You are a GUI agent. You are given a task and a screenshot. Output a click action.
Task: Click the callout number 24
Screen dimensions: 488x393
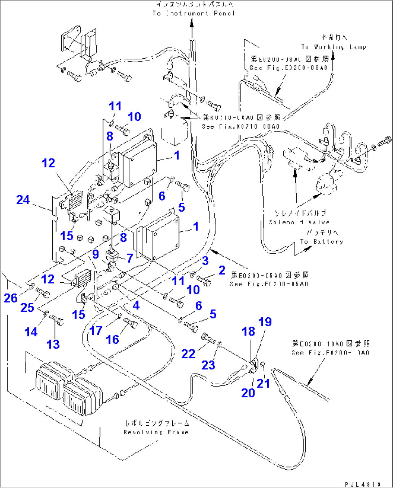[23, 200]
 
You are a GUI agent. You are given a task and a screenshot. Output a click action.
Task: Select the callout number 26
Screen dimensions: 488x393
[10, 298]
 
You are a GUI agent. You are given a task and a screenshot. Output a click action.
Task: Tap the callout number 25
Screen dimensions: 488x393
[27, 308]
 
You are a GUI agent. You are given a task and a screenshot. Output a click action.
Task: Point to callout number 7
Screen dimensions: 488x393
[130, 258]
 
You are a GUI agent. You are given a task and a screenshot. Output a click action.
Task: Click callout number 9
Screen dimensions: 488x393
[95, 254]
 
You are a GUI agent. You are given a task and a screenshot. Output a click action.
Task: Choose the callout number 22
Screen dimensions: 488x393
[188, 354]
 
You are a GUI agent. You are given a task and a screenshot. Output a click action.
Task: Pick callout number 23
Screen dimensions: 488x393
[208, 365]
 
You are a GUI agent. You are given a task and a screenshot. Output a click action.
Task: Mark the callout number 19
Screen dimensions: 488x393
[265, 322]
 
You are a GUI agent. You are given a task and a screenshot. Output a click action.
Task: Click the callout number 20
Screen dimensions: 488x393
[248, 393]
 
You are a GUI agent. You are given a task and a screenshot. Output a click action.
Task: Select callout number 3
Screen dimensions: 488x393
[205, 261]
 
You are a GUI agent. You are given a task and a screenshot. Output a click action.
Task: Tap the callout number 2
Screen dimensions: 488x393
[222, 270]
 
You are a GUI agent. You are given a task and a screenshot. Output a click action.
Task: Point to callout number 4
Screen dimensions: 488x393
[136, 305]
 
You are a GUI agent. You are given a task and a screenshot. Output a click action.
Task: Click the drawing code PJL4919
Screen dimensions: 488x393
[363, 484]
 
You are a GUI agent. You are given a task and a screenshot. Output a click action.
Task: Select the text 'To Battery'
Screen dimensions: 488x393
[322, 242]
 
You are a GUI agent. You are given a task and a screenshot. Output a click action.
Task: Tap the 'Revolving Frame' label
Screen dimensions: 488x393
[156, 432]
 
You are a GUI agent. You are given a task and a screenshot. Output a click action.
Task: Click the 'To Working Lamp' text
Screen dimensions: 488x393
[334, 47]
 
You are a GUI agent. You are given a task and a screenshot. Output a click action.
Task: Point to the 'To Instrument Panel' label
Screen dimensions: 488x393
[194, 13]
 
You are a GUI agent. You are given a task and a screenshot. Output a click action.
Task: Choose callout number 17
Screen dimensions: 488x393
[96, 331]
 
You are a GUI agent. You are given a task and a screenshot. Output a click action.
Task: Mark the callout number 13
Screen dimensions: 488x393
[53, 344]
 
